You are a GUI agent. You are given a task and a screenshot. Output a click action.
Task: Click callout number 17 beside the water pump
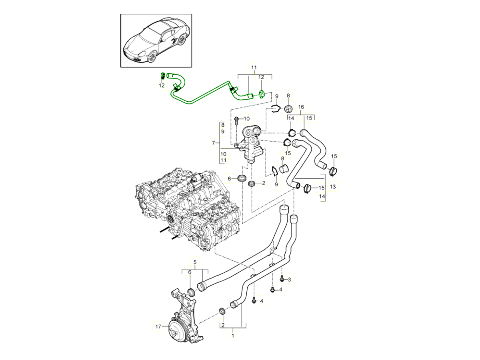[158, 326]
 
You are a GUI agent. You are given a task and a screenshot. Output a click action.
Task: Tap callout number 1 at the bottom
[232, 336]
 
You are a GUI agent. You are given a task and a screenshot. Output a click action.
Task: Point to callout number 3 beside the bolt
[289, 279]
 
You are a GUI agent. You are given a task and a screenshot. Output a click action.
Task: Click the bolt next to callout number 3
[282, 278]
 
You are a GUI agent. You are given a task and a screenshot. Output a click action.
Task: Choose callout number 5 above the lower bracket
[195, 262]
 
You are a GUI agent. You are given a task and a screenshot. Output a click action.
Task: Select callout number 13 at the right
[333, 187]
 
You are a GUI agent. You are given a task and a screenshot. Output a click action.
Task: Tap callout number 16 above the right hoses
[301, 107]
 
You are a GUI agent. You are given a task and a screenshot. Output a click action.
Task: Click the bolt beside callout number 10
[238, 119]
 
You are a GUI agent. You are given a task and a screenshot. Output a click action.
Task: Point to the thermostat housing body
[250, 144]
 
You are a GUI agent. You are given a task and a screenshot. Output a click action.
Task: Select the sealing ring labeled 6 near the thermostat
[242, 178]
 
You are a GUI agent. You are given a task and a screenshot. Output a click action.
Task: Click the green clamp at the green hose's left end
[163, 75]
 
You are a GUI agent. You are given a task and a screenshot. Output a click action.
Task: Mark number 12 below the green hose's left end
[162, 85]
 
